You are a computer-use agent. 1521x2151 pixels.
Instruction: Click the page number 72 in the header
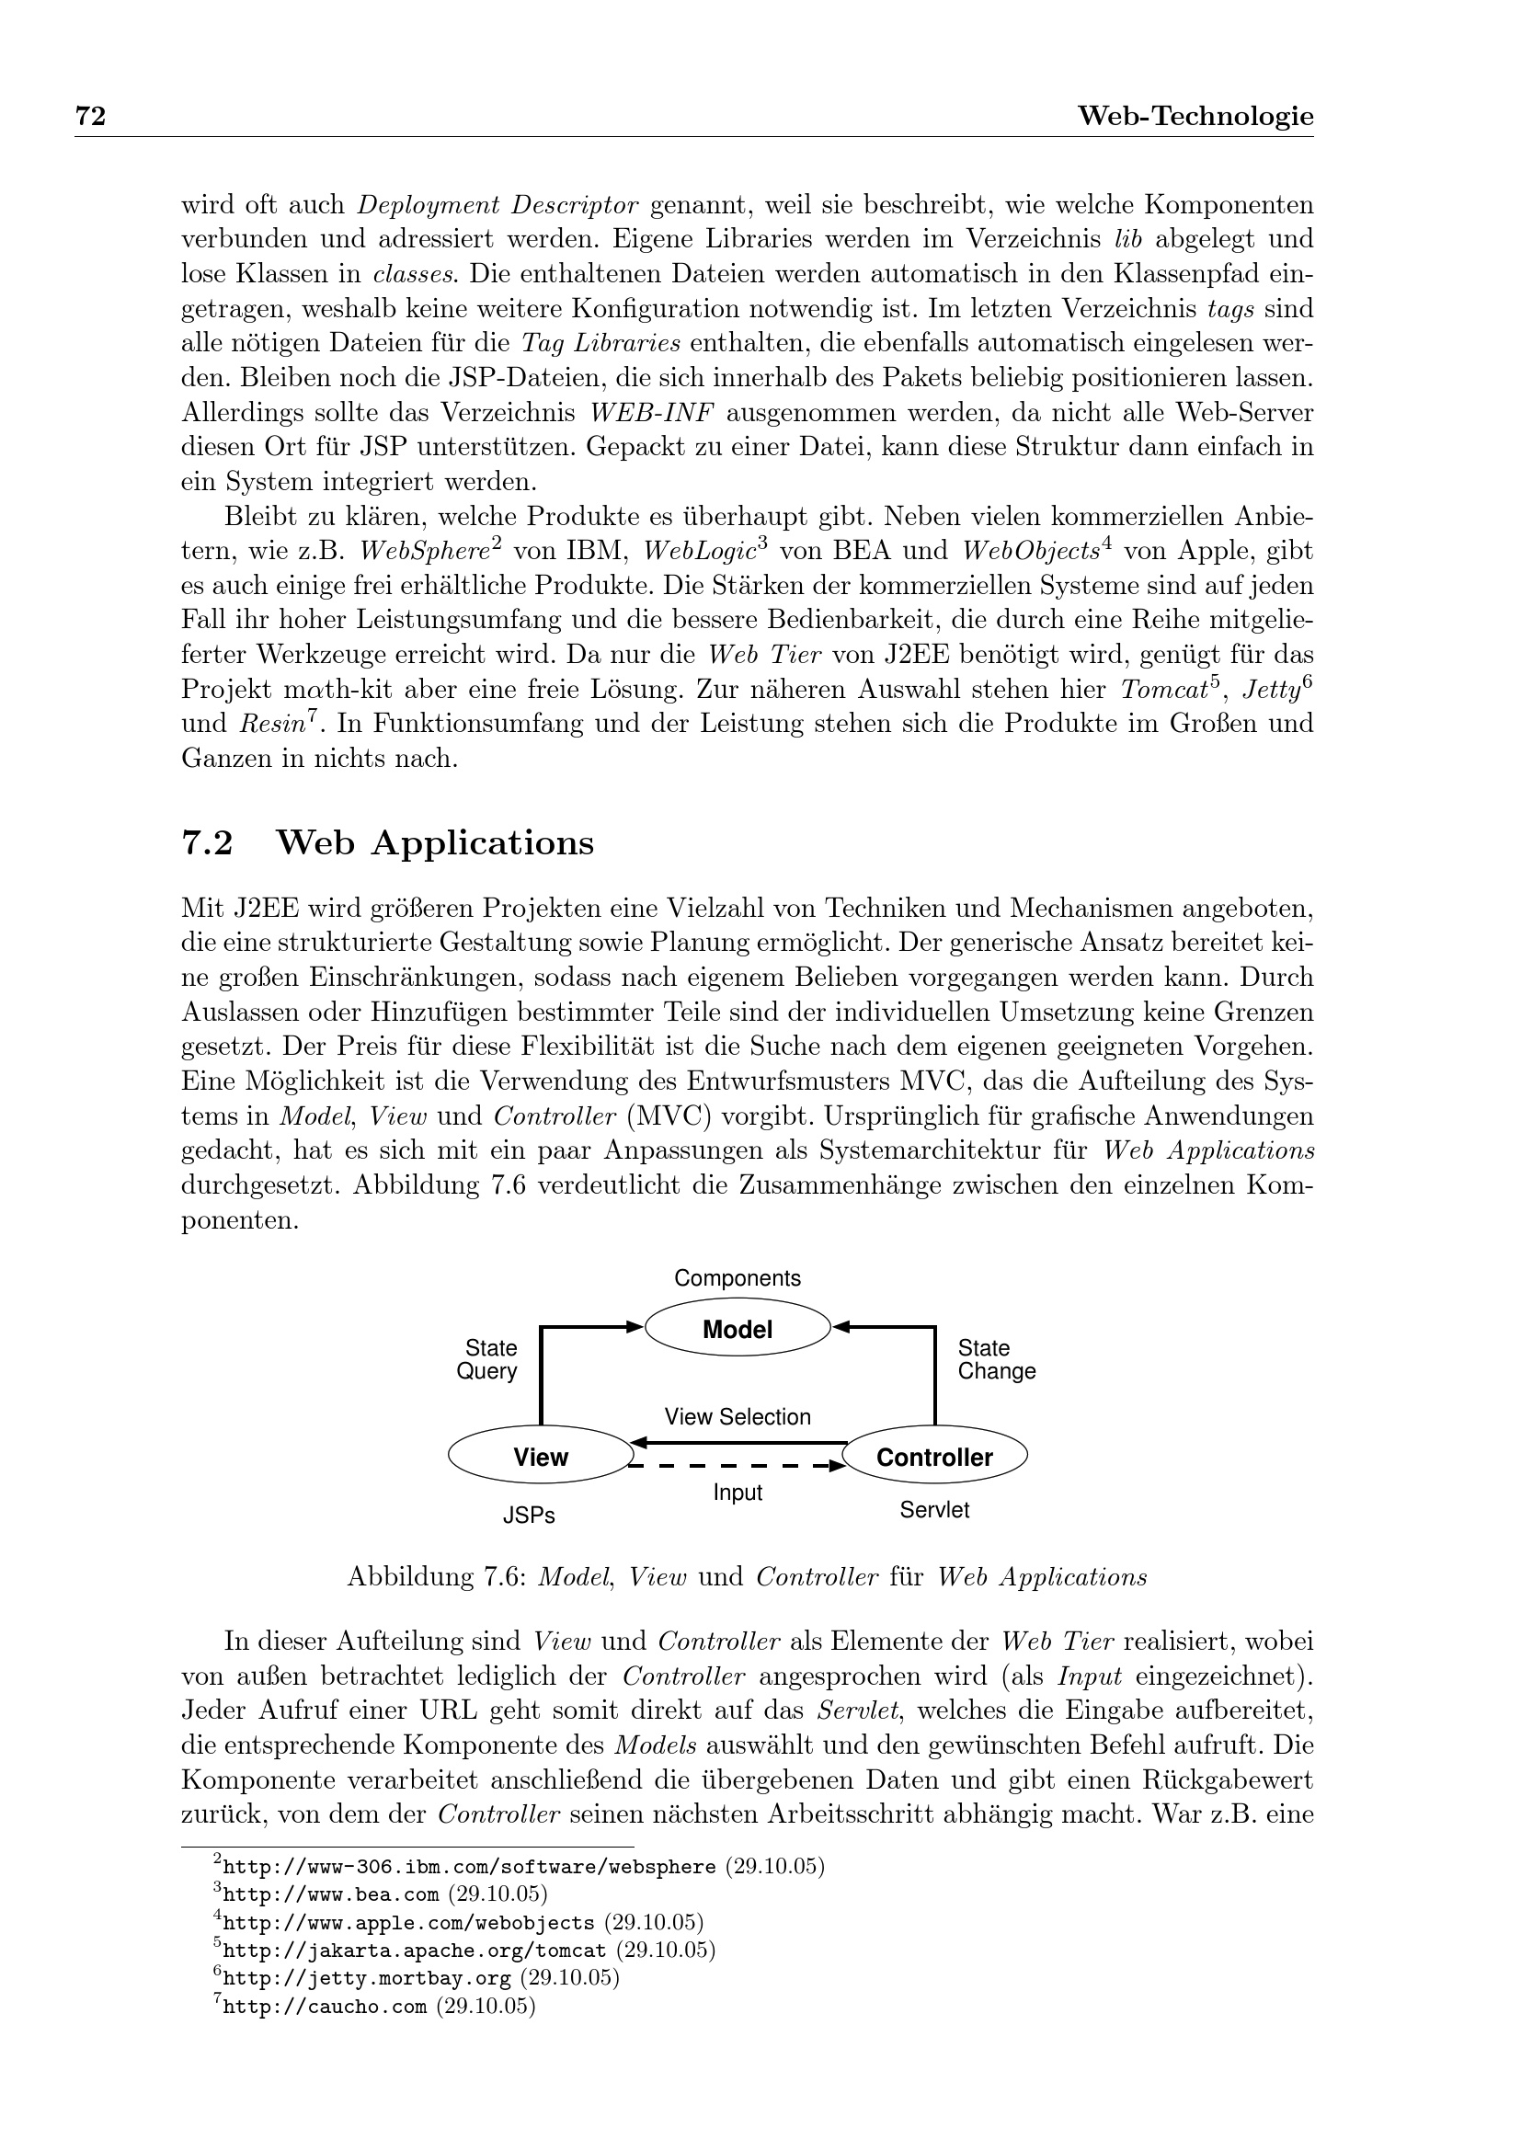[90, 116]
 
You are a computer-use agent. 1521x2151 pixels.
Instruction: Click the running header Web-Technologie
[1195, 116]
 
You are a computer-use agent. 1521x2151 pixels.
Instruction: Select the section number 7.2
[206, 843]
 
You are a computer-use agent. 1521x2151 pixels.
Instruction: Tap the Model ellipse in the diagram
[738, 1330]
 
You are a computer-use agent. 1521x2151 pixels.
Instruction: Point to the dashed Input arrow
[738, 1466]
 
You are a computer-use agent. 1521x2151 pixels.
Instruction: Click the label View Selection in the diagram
[738, 1416]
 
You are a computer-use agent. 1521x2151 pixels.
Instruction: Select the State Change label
[996, 1359]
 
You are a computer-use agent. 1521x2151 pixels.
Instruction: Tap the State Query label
[488, 1359]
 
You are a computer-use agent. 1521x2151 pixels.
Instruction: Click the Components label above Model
[738, 1278]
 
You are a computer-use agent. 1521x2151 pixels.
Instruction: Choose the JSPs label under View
[529, 1515]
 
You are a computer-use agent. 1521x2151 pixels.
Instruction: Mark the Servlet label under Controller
[933, 1509]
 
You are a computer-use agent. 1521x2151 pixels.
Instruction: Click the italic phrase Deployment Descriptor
[498, 205]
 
